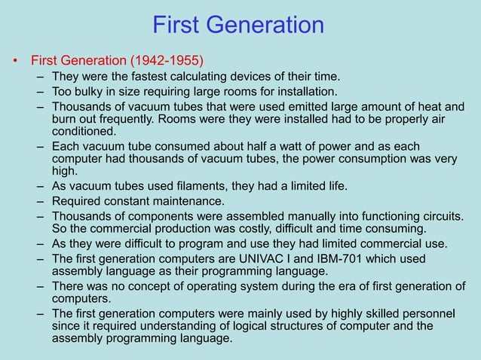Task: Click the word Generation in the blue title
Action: pyautogui.click(x=268, y=26)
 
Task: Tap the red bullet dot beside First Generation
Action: pyautogui.click(x=14, y=60)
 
